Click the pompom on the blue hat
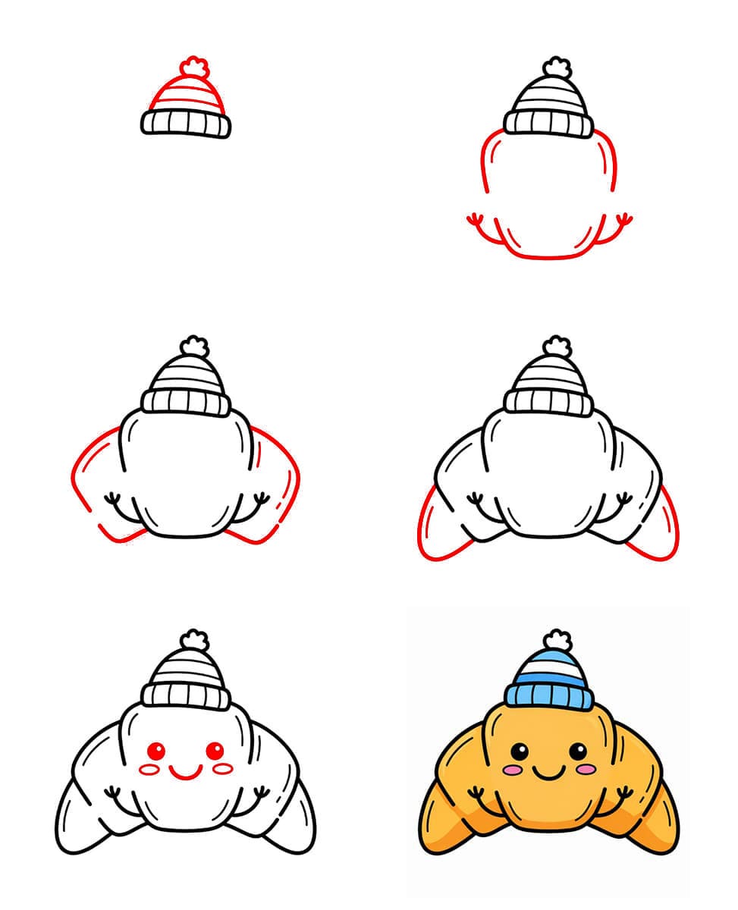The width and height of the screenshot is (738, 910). coord(557,641)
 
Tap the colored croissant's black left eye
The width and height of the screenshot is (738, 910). coord(518,752)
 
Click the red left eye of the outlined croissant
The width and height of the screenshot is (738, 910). coord(155,752)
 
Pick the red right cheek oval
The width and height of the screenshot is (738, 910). coord(222,769)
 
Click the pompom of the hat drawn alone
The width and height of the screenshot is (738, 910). coord(196,68)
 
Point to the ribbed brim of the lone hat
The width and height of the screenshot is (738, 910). coord(186,122)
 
